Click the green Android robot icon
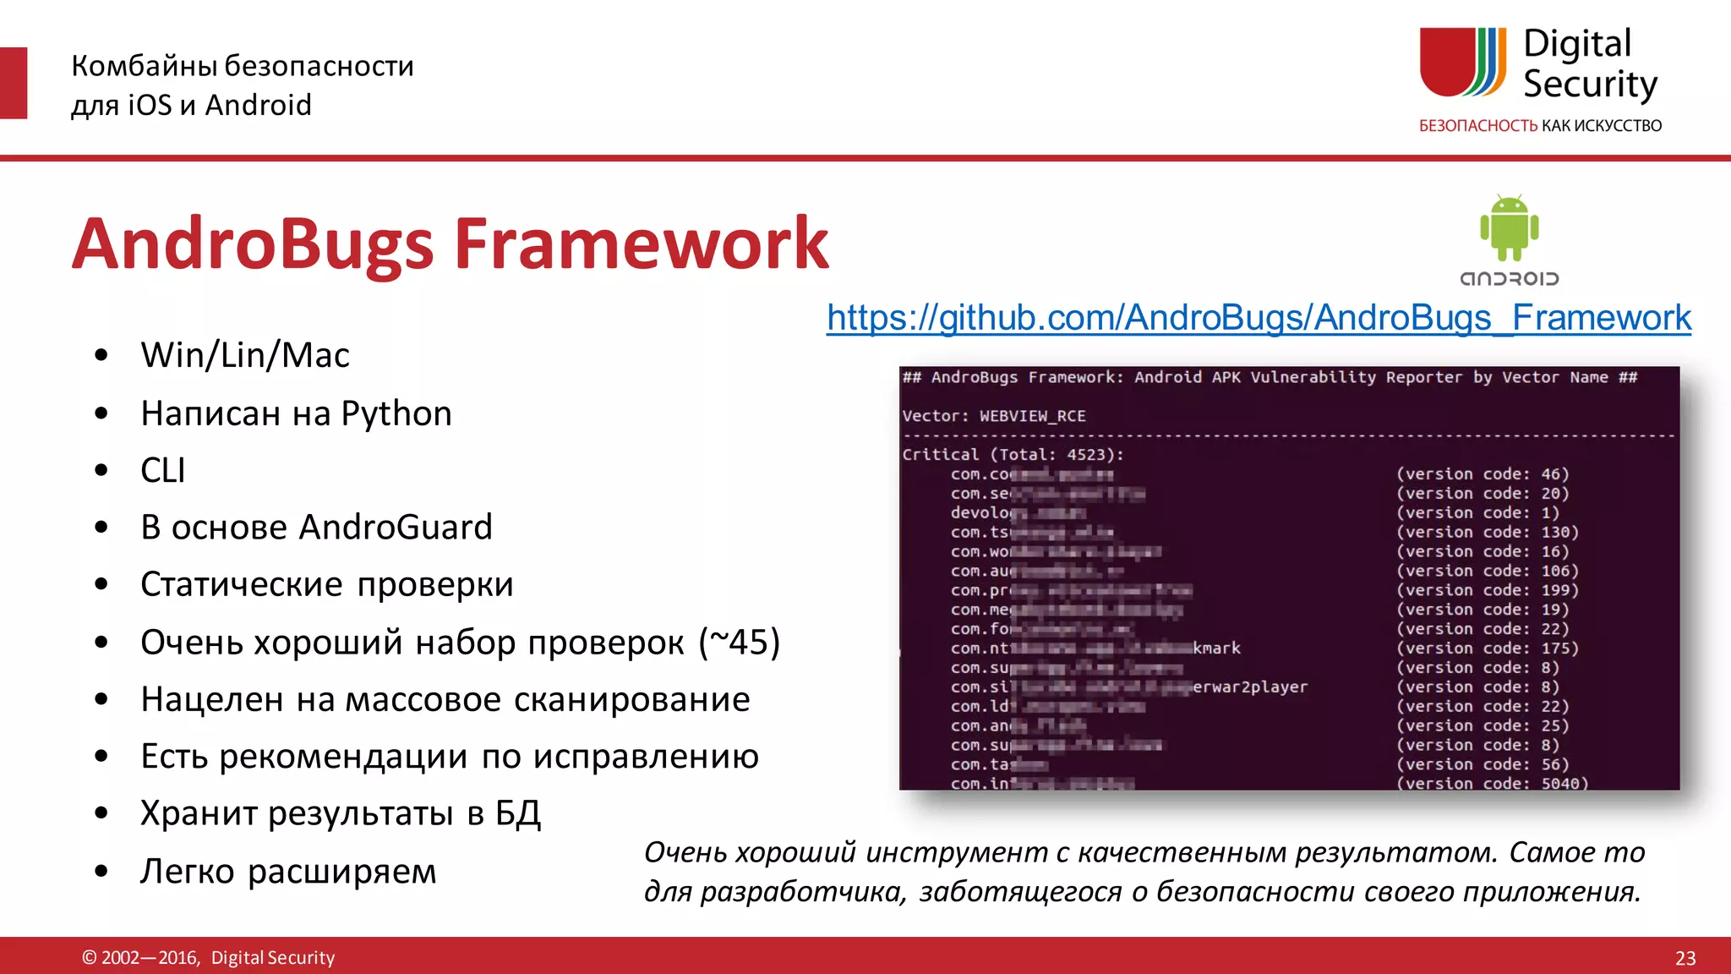click(x=1509, y=227)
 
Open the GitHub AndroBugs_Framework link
click(x=1259, y=318)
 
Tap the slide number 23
click(x=1685, y=958)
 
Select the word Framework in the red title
click(x=642, y=243)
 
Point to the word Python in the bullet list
click(x=396, y=413)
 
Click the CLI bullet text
click(x=163, y=470)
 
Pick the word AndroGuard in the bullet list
click(x=396, y=527)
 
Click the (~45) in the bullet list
click(x=739, y=643)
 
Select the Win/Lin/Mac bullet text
click(x=245, y=355)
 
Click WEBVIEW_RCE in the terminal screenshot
click(x=1032, y=416)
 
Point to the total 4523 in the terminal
click(x=1085, y=455)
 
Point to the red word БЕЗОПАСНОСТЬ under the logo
click(x=1477, y=126)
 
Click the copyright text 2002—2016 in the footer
click(x=150, y=958)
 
